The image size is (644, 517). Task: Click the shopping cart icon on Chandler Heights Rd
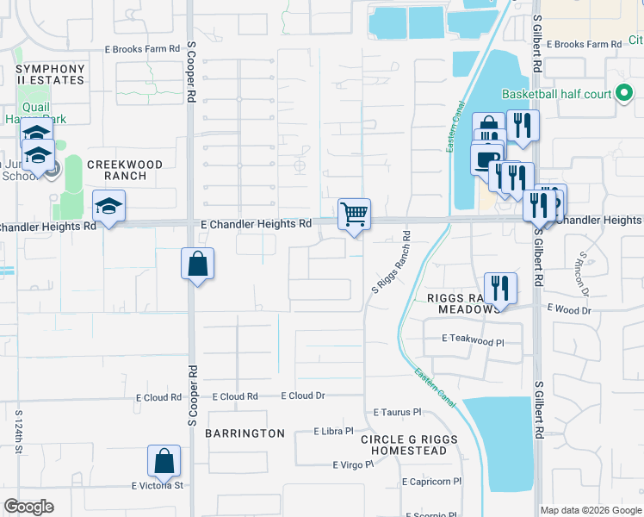354,213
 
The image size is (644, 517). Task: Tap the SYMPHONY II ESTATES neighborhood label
50,75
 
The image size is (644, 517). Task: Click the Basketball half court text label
556,95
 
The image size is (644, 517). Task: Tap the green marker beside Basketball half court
624,94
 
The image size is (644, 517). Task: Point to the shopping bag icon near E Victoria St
164,463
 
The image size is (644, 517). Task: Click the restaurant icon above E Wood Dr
499,289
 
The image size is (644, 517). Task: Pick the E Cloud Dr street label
303,396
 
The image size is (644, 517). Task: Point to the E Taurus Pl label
397,413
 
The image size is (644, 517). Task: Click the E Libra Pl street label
334,431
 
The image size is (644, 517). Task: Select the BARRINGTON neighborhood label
245,433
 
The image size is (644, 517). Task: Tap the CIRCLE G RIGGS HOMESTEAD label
404,445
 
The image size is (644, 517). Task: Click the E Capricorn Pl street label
431,483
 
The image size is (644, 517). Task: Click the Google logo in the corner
28,507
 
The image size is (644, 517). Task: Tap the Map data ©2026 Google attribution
590,510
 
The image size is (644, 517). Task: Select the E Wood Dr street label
569,308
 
